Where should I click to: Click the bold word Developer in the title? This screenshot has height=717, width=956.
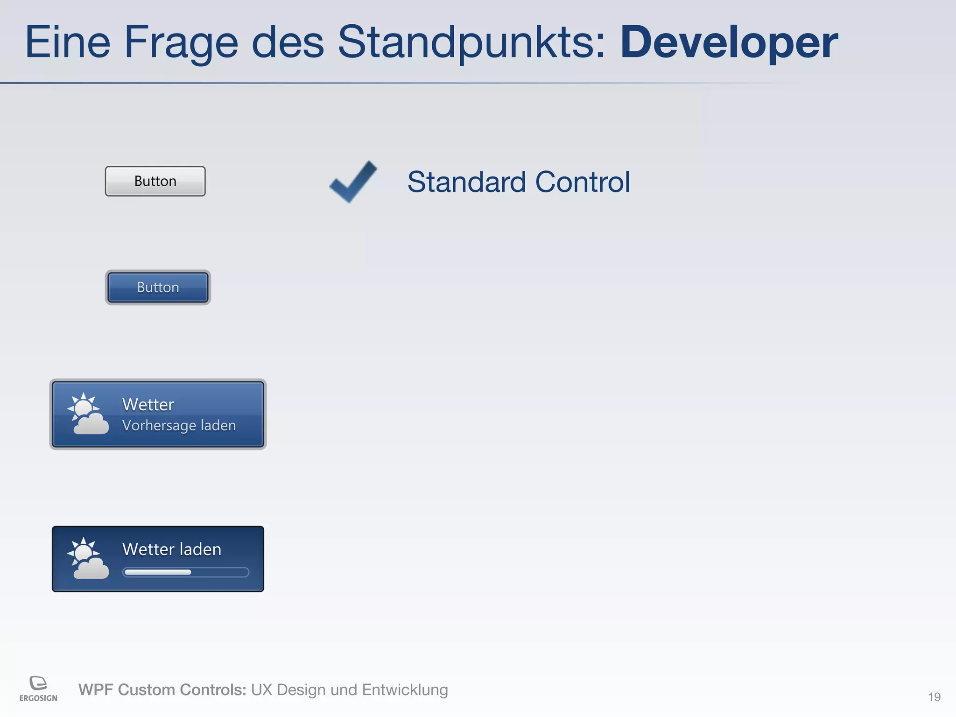click(x=729, y=43)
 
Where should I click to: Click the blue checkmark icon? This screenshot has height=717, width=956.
click(x=353, y=182)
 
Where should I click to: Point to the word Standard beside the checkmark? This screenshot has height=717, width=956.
click(x=466, y=182)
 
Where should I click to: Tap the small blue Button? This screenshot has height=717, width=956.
click(x=158, y=288)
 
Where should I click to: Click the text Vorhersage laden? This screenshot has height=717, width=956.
click(x=179, y=426)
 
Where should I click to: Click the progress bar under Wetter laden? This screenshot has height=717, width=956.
click(x=186, y=572)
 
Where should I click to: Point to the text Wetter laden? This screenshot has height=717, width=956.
click(x=171, y=549)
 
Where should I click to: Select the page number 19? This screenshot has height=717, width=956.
click(x=934, y=697)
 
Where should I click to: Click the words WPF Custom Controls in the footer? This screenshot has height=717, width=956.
click(x=162, y=690)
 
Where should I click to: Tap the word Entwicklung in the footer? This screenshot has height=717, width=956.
click(x=405, y=690)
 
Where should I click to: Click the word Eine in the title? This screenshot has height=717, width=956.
click(x=68, y=43)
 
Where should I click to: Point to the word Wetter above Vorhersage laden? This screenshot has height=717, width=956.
click(x=148, y=405)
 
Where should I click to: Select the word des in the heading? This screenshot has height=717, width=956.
click(x=288, y=43)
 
